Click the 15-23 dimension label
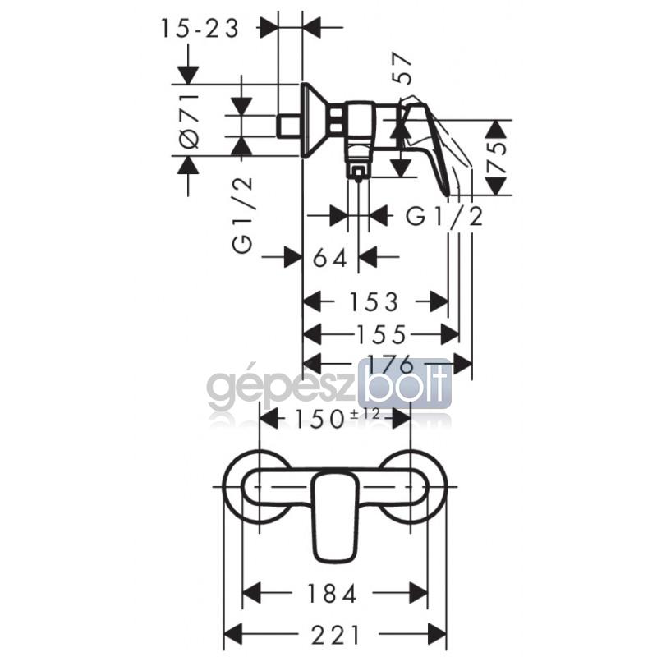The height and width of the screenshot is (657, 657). (200, 29)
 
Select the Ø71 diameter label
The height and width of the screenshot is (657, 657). (189, 121)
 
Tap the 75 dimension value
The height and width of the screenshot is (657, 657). (496, 158)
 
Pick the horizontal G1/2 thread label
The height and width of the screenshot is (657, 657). (444, 217)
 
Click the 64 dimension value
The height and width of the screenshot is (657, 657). (330, 257)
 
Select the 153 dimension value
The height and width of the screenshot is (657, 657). (374, 302)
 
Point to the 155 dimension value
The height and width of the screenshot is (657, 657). (381, 334)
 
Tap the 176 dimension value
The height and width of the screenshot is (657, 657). (389, 365)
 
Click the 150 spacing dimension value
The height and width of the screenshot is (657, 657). (319, 419)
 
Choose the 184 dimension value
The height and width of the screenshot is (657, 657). (332, 593)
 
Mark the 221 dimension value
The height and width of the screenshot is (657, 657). (335, 634)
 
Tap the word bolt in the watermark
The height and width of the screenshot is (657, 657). (408, 384)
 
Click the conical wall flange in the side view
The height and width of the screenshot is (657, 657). (315, 120)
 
